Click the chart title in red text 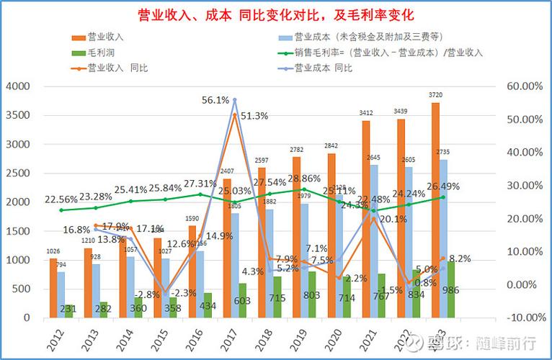pyautogui.click(x=276, y=14)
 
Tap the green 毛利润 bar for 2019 pyautogui.click(x=312, y=294)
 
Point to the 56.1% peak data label pyautogui.click(x=216, y=100)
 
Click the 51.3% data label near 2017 pyautogui.click(x=255, y=115)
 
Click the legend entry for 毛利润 pyautogui.click(x=100, y=53)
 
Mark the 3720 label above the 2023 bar pyautogui.click(x=436, y=95)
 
